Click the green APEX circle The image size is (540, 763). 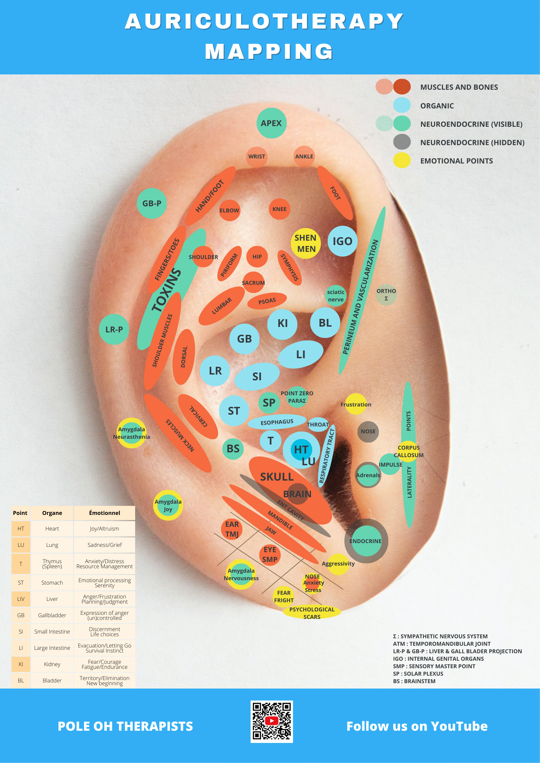pos(271,123)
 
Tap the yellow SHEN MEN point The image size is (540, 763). pos(306,243)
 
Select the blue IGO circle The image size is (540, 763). pos(342,241)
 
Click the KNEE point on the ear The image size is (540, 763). pos(279,209)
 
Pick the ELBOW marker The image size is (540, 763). pos(229,210)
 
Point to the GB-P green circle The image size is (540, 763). pos(152,203)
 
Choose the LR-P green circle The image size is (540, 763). pos(114,329)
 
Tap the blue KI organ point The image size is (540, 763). pos(282,324)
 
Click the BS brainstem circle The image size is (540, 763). pos(233,449)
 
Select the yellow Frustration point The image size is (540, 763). pos(356,404)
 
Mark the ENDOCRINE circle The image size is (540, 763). pos(366,541)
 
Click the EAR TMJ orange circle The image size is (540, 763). pos(232,529)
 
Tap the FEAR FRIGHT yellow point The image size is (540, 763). pos(283,596)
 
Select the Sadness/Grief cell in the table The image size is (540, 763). pos(104,545)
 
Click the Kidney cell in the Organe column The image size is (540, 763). pos(52,664)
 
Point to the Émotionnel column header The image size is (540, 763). pos(104,513)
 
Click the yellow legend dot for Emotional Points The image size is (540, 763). pos(402,160)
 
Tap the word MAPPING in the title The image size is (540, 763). pos(269,52)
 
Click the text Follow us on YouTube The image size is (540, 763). pos(417,726)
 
